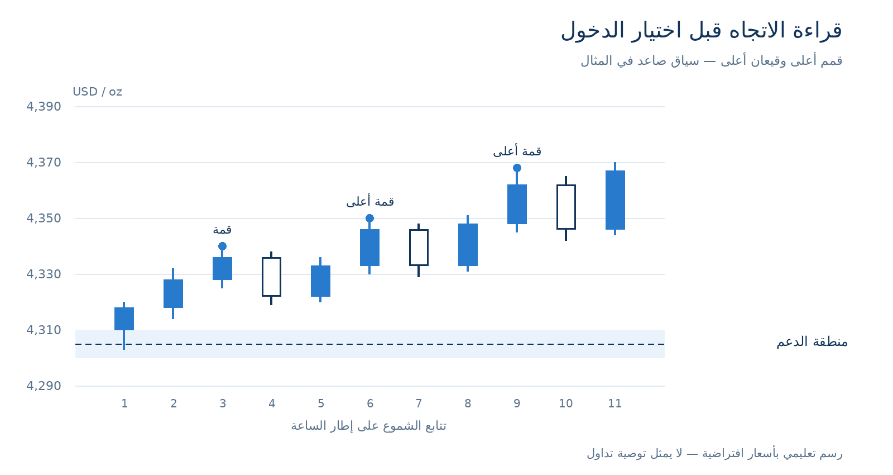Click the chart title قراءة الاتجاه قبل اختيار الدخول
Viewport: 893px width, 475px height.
pyautogui.click(x=701, y=31)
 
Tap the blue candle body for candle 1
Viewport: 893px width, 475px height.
pyautogui.click(x=124, y=319)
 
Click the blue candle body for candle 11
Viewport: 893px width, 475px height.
pyautogui.click(x=615, y=200)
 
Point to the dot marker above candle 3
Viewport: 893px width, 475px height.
pyautogui.click(x=223, y=246)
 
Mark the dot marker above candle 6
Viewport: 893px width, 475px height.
pyautogui.click(x=369, y=218)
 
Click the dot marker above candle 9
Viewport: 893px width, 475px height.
pyautogui.click(x=517, y=168)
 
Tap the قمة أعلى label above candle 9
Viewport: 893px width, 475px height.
pyautogui.click(x=517, y=151)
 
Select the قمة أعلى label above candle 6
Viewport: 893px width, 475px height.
pyautogui.click(x=370, y=201)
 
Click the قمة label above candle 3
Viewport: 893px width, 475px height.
pyautogui.click(x=222, y=230)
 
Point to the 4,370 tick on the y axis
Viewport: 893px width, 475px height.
pyautogui.click(x=44, y=163)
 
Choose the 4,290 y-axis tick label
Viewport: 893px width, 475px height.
pyautogui.click(x=44, y=386)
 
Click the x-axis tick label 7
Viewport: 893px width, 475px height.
pyautogui.click(x=419, y=403)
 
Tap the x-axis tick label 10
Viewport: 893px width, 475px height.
pyautogui.click(x=566, y=403)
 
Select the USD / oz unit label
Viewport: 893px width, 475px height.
pyautogui.click(x=97, y=92)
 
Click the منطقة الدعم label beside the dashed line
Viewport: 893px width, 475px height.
pyautogui.click(x=812, y=342)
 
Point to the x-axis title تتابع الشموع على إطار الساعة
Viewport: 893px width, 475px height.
pyautogui.click(x=368, y=426)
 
